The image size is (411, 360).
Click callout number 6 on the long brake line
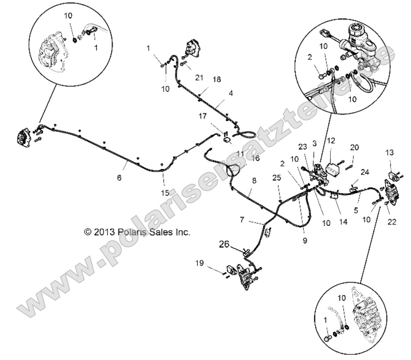click(x=119, y=177)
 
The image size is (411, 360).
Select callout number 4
click(x=231, y=94)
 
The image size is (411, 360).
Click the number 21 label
click(x=200, y=77)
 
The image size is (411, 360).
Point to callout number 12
click(x=331, y=140)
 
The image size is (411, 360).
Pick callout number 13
click(x=389, y=152)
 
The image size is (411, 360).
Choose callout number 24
click(x=364, y=172)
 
